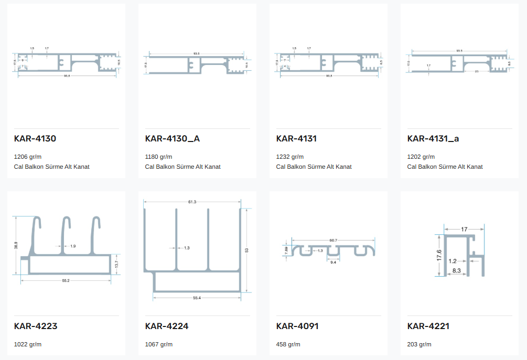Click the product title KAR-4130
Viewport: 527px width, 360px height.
tap(35, 139)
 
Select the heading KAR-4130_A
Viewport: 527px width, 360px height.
tap(173, 139)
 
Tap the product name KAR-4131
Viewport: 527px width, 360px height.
tap(296, 139)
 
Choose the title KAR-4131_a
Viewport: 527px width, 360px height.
tap(433, 139)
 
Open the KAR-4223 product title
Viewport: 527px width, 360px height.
tap(36, 326)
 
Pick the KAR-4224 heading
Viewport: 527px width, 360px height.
tap(167, 326)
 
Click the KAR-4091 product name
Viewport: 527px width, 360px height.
tap(297, 326)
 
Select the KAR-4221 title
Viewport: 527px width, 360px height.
tap(428, 326)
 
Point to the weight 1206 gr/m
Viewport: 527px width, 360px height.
tap(28, 157)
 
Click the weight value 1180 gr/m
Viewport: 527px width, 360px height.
tap(158, 157)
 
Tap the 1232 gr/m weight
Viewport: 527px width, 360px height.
tap(290, 157)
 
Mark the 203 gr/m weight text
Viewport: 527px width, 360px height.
tap(419, 344)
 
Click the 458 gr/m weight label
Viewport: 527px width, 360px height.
tap(288, 344)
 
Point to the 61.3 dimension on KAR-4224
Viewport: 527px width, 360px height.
tap(192, 202)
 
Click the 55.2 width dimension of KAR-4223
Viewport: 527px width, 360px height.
tap(66, 281)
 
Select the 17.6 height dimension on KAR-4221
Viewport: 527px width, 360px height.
tap(439, 255)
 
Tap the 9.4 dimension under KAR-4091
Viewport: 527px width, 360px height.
tap(334, 262)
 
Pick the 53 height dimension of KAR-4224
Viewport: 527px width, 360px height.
tap(247, 250)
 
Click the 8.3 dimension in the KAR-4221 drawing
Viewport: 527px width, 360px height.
tap(456, 270)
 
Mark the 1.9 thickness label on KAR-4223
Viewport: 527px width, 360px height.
tap(72, 246)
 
